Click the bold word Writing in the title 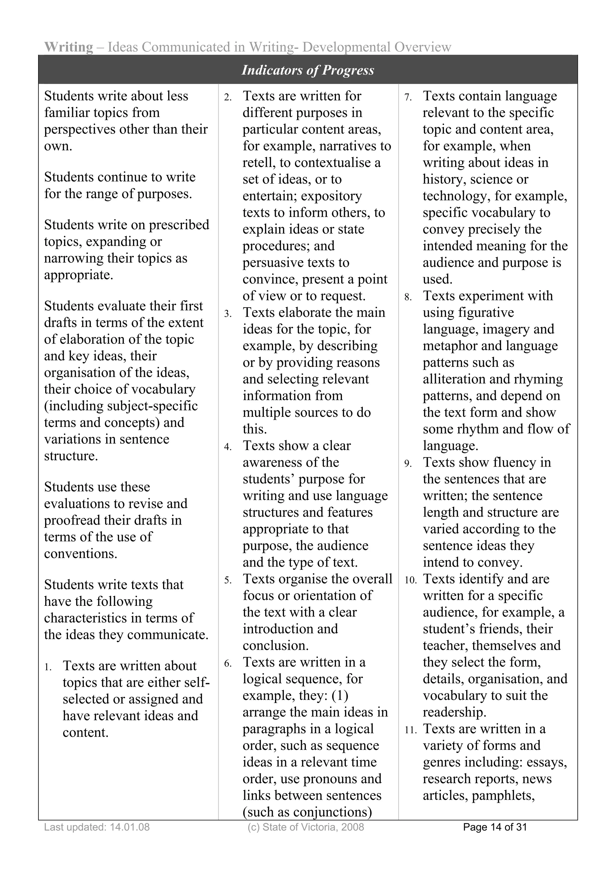[69, 47]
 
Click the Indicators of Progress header [308, 70]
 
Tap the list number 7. [408, 97]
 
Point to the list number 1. [48, 667]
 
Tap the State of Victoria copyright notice [306, 827]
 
